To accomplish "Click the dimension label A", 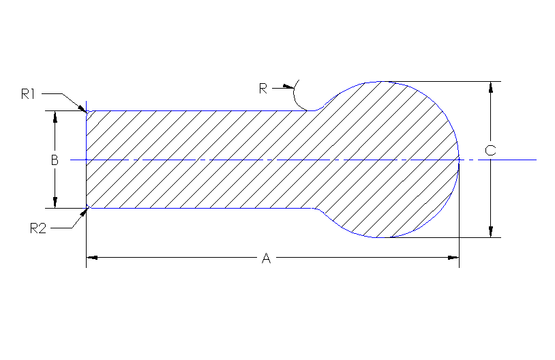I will (x=267, y=258).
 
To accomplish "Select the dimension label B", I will (x=55, y=160).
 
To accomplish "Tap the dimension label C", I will (x=490, y=150).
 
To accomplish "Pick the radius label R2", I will (x=37, y=228).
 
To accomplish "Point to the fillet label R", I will (x=263, y=87).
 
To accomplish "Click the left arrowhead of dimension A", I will (x=91, y=258).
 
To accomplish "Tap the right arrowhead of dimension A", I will (x=453, y=258).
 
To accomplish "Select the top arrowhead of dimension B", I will (x=55, y=116).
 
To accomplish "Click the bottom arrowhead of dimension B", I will (x=55, y=202).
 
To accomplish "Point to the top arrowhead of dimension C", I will (x=490, y=87).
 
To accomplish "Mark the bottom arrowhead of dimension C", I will (x=490, y=232).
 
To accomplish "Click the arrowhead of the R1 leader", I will (x=84, y=108).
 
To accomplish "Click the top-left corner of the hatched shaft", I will (x=87, y=111).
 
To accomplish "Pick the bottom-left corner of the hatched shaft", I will (x=87, y=207).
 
